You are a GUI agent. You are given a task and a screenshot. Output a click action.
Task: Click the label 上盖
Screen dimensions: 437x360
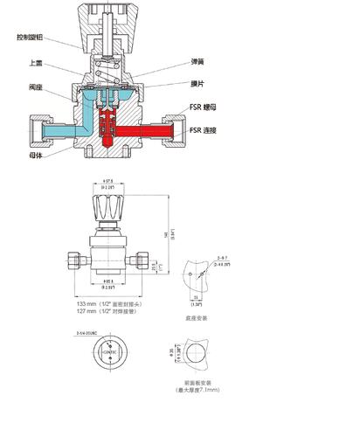click(x=36, y=63)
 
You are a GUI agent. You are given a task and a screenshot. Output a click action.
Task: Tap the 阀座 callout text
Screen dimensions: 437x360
click(x=36, y=87)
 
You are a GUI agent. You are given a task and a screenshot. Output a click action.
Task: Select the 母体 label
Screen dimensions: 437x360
click(x=36, y=153)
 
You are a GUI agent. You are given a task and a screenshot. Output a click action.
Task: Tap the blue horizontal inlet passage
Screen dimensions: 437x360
click(x=52, y=132)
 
